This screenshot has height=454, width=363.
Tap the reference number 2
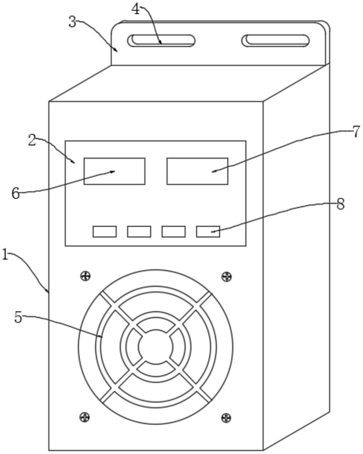[32, 141]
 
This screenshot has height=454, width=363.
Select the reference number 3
[72, 22]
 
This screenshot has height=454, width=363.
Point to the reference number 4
[136, 10]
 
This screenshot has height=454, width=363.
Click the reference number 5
[18, 317]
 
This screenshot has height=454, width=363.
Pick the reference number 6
[16, 193]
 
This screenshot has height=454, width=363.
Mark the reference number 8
[340, 204]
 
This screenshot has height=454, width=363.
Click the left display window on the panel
[115, 171]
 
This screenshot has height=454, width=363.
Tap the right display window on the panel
[197, 171]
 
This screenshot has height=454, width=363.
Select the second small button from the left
[139, 232]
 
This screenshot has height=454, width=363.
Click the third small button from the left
[174, 232]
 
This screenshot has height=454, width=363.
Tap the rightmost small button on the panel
[208, 232]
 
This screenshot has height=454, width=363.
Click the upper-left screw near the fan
[85, 276]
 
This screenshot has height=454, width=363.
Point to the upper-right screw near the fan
[226, 277]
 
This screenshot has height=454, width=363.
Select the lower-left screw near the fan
[85, 417]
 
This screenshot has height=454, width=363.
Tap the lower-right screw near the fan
[226, 417]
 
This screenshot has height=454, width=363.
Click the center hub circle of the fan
[156, 346]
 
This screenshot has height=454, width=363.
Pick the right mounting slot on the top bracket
[276, 41]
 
